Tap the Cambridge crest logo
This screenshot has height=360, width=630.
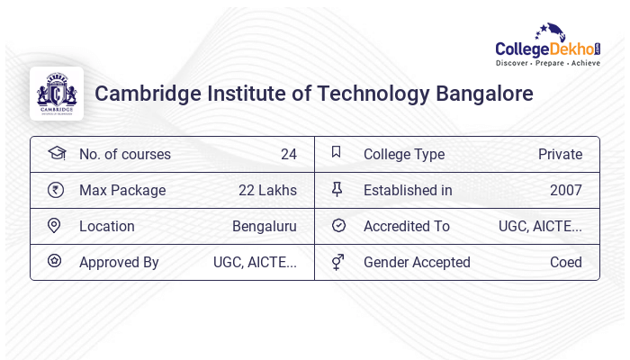click(57, 94)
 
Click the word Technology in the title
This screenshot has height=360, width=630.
click(374, 94)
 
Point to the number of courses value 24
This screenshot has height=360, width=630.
click(288, 154)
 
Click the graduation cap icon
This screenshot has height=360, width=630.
click(56, 153)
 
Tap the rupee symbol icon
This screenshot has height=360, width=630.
click(56, 190)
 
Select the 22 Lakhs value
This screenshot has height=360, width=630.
click(267, 190)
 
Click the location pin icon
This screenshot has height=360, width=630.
click(55, 226)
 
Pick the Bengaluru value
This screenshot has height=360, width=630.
click(264, 226)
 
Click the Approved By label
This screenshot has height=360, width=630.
click(119, 262)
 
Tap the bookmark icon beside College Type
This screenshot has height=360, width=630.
click(337, 153)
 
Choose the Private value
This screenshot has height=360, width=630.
click(560, 154)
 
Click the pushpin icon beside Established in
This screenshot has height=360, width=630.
click(337, 189)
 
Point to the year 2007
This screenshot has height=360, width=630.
click(565, 190)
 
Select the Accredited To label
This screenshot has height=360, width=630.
click(407, 226)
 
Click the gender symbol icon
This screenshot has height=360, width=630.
click(337, 262)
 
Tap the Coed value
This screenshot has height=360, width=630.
click(566, 262)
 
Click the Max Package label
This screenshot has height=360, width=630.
click(122, 190)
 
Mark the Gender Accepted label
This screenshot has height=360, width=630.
click(417, 262)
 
